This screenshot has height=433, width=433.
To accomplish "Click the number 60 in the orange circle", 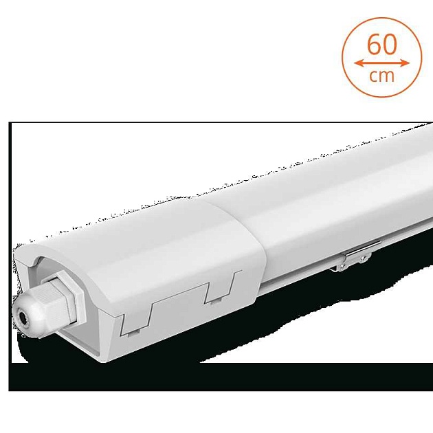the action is pos(382,44).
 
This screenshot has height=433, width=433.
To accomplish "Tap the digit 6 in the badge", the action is pos(374,44).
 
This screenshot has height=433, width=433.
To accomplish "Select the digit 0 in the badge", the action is pos(390,44).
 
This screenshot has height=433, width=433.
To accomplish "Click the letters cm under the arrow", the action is pos(381,76).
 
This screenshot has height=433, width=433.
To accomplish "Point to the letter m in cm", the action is pos(387,76).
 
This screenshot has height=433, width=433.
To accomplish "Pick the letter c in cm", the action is pos(374,76).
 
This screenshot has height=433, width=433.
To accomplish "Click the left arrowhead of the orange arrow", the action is pos(359,63).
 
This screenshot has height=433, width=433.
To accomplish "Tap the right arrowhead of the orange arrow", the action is pos(405,63).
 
